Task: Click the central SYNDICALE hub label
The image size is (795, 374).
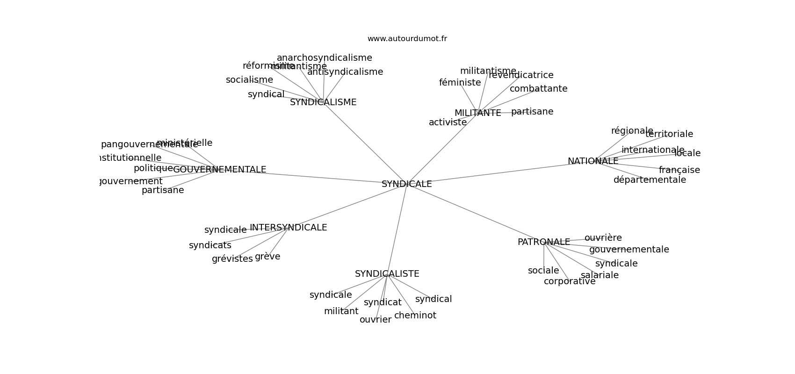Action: [406, 184]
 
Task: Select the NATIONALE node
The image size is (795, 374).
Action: [593, 161]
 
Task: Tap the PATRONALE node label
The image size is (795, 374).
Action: [543, 242]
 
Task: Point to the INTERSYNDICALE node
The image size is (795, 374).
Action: [288, 228]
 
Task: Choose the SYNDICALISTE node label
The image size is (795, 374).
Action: [387, 274]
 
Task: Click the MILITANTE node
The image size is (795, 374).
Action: [477, 113]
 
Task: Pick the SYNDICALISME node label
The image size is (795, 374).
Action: [323, 102]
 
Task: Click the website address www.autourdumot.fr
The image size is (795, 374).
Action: [407, 39]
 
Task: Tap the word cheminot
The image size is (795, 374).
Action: [415, 316]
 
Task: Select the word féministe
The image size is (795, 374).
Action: [460, 83]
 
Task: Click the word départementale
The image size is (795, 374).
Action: [650, 180]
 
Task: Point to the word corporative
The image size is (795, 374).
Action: [569, 281]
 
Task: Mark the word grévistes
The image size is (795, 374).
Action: [232, 259]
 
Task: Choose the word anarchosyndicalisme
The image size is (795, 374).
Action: [324, 58]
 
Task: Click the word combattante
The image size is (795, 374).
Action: [538, 89]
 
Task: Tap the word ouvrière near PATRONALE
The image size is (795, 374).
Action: [603, 238]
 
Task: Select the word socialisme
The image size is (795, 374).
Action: [249, 80]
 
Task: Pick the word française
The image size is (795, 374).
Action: [679, 170]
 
